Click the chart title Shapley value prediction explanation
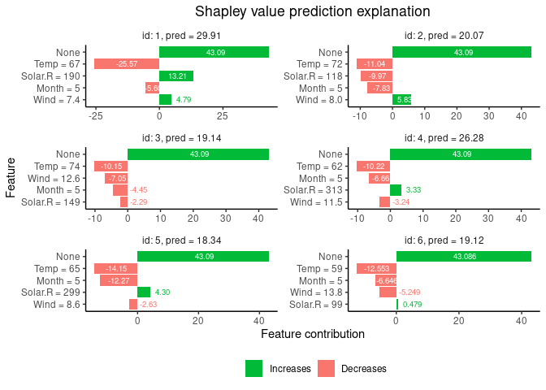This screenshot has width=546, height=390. point(312,11)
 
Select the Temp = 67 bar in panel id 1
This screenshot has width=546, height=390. point(126,63)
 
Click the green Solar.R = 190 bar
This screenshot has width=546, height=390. point(176,76)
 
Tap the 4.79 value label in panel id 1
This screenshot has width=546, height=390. point(183,100)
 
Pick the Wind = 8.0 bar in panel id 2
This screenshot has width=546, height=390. point(401,100)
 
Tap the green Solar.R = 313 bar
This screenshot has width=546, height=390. point(396,190)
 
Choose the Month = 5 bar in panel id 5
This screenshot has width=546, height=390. point(119,280)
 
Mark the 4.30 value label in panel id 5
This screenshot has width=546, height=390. point(162,292)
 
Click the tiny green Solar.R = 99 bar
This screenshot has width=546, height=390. point(397,305)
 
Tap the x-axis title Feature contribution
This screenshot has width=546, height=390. point(312,334)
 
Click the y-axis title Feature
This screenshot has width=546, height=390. point(11,178)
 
